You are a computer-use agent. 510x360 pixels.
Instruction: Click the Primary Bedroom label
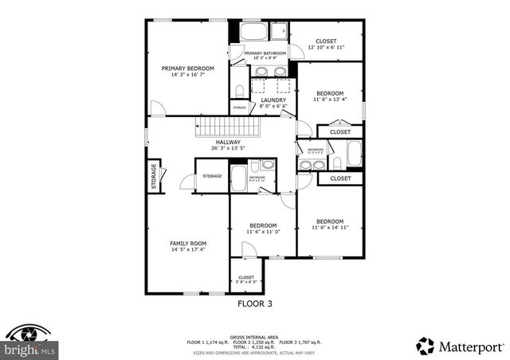(188, 68)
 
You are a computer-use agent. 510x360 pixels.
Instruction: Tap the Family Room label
(188, 243)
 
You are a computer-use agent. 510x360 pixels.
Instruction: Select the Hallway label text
(227, 142)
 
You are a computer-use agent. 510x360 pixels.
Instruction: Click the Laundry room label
(273, 100)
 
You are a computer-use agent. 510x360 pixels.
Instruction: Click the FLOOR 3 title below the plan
(255, 303)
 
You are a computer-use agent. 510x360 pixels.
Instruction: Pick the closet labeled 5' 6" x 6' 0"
(246, 278)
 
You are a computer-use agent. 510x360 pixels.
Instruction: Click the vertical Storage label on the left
(154, 176)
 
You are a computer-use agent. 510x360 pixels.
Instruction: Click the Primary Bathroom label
(259, 53)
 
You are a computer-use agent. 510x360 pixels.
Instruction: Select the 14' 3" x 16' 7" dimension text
(188, 76)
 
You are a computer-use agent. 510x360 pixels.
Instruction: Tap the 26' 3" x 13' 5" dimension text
(227, 148)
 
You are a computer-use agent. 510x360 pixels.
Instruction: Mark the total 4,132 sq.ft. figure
(254, 346)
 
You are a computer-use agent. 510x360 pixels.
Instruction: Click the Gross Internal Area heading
(254, 337)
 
